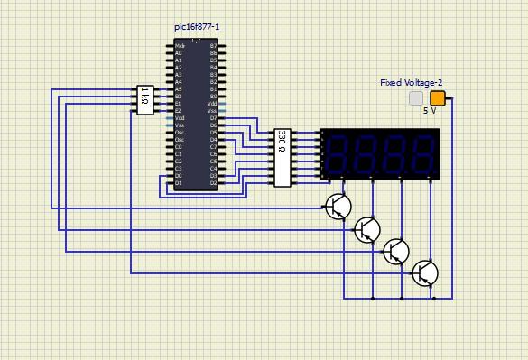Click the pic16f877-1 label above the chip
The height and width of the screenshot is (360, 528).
pos(196,27)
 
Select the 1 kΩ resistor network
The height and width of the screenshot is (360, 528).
pos(144,99)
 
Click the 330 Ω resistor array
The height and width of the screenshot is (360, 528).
pos(283,157)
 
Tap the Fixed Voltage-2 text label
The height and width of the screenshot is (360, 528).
pos(411,82)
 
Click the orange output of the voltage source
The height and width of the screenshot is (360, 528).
pos(437,98)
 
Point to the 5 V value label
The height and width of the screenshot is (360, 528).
pos(430,111)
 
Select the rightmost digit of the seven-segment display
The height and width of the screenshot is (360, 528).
pos(421,152)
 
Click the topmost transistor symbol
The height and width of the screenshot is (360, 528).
pos(338,207)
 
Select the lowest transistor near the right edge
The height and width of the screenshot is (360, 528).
pos(424,272)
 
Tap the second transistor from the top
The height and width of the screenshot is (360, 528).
pos(366,229)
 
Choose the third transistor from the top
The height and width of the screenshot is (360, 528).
pos(395,251)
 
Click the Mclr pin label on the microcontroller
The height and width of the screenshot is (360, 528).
pos(180,45)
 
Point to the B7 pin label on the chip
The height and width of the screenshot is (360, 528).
pos(213,45)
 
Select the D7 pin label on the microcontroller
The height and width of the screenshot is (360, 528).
pos(213,118)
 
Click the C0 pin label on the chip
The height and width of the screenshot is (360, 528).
pos(179,147)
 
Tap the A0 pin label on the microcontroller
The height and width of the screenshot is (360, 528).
pos(179,53)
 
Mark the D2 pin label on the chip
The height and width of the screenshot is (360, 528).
pos(213,183)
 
